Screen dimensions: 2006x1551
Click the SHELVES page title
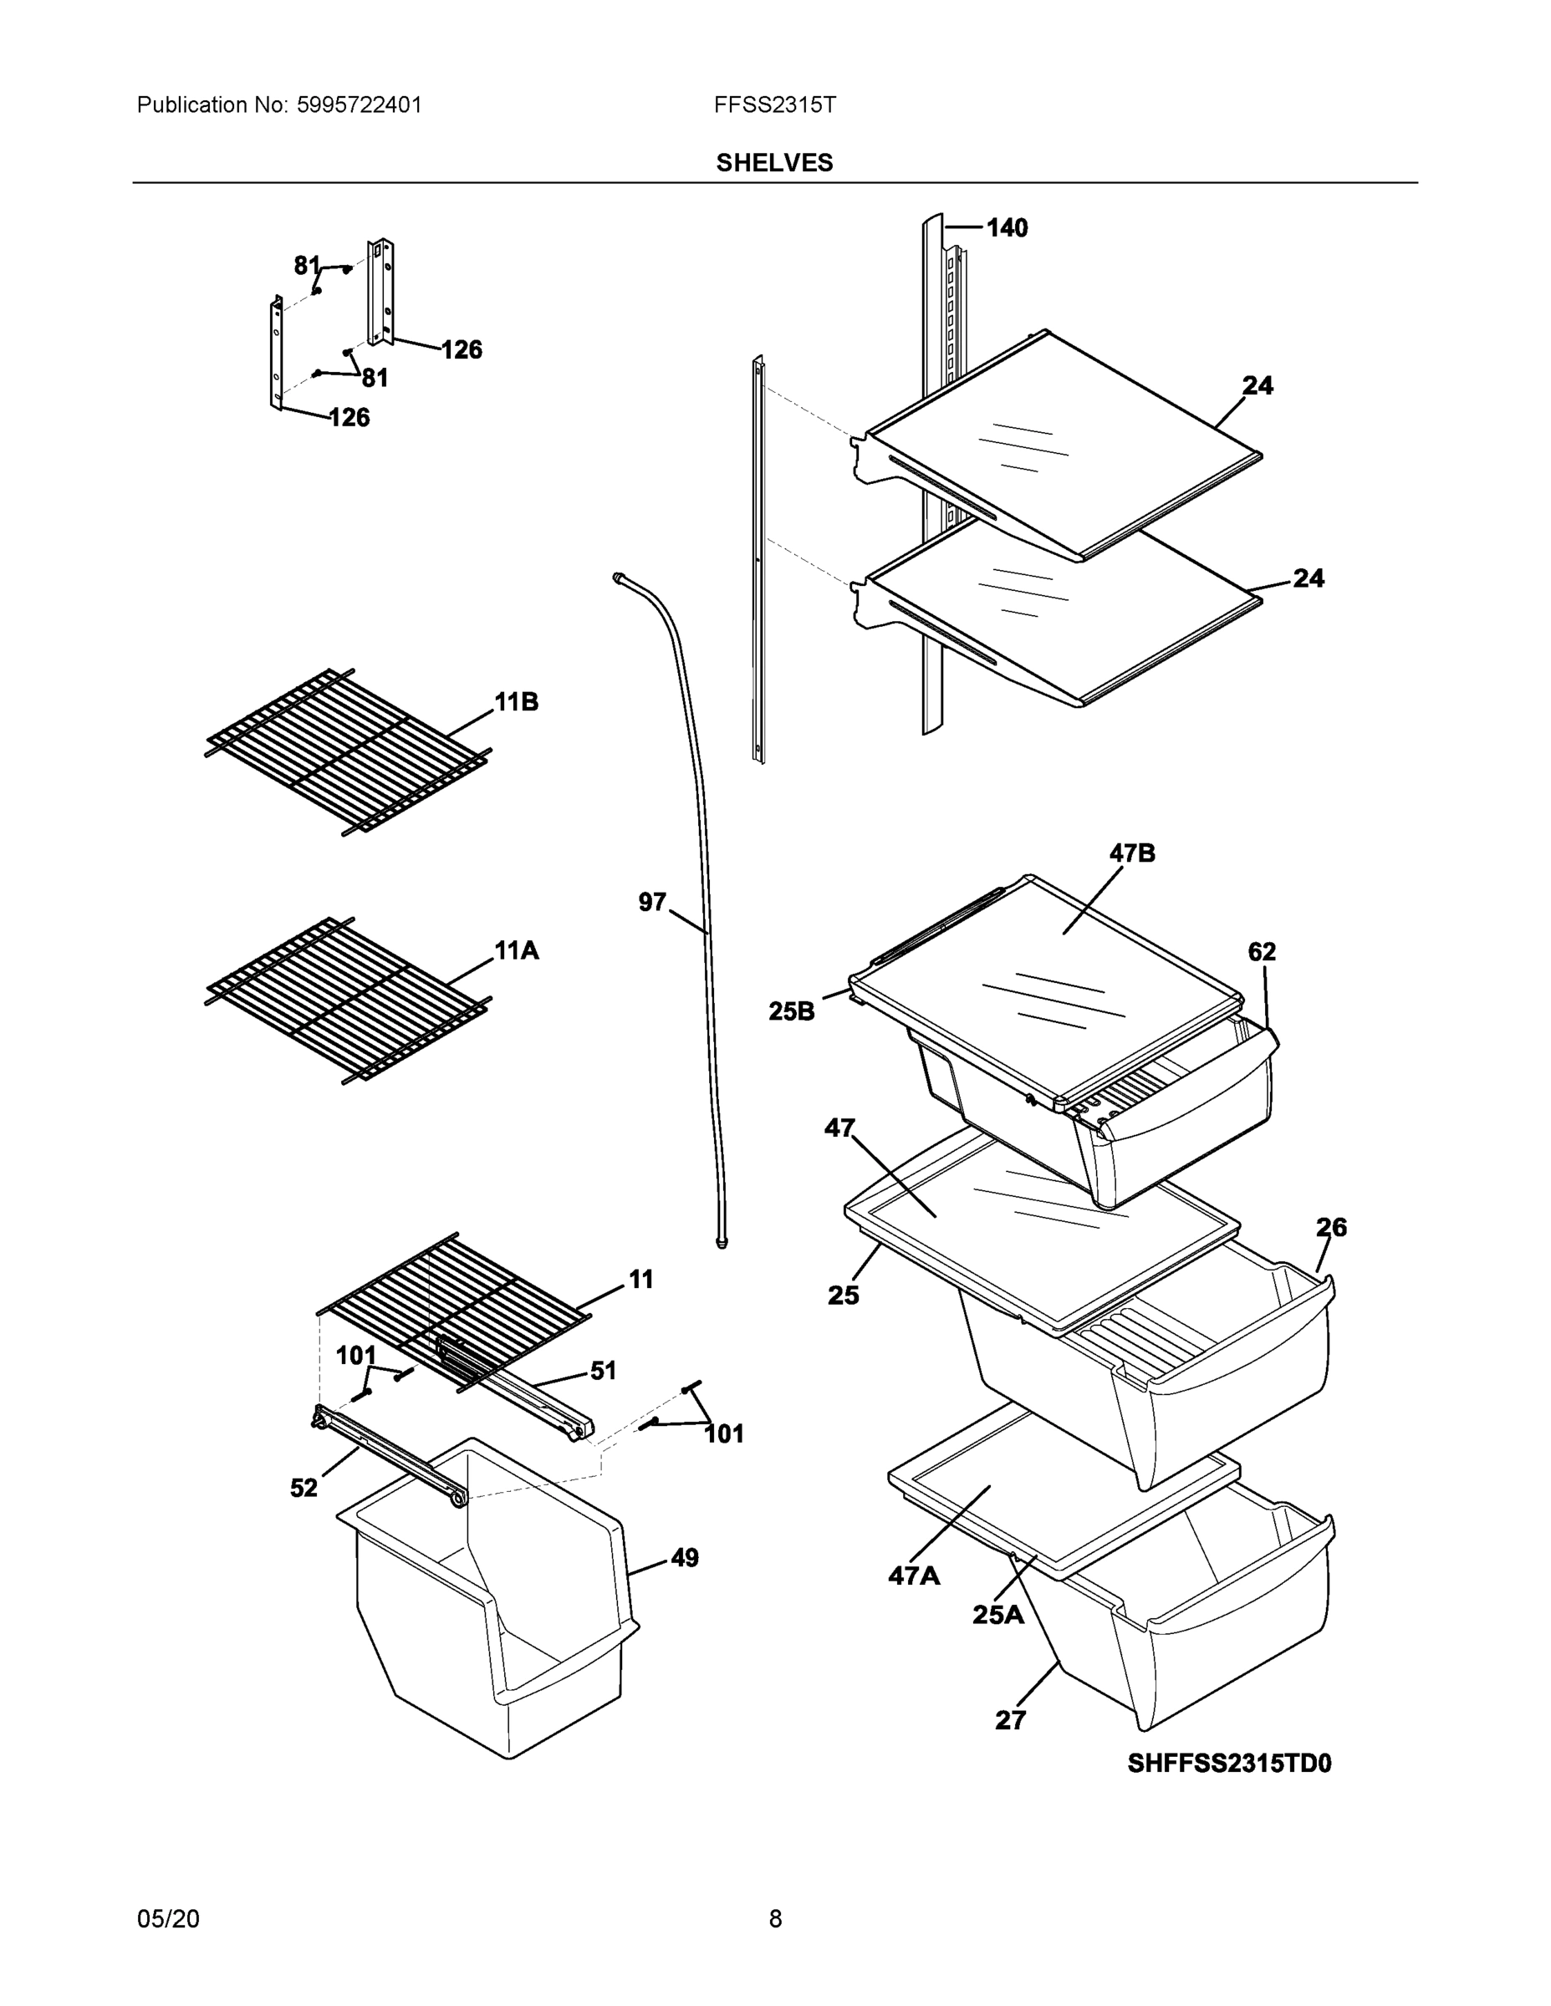click(773, 163)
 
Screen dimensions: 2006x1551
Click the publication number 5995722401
click(360, 104)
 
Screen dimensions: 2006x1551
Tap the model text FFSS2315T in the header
click(774, 104)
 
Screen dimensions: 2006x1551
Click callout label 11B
click(517, 703)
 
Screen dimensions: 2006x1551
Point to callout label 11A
click(517, 950)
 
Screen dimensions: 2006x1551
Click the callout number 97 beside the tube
click(652, 903)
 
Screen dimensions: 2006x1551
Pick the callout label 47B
click(1132, 853)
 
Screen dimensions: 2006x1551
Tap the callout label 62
click(1262, 951)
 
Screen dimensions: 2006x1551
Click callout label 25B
click(791, 1011)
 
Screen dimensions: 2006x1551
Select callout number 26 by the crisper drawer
click(1331, 1227)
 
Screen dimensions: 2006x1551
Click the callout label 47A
click(914, 1577)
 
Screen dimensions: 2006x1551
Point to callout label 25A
click(997, 1615)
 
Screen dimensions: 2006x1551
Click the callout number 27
click(1010, 1720)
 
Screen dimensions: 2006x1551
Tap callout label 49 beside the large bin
click(684, 1558)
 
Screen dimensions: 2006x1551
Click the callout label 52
click(304, 1488)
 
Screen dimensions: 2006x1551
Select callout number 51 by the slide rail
click(603, 1372)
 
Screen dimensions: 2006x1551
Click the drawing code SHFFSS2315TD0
click(1229, 1764)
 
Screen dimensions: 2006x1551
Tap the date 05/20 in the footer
click(168, 1919)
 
